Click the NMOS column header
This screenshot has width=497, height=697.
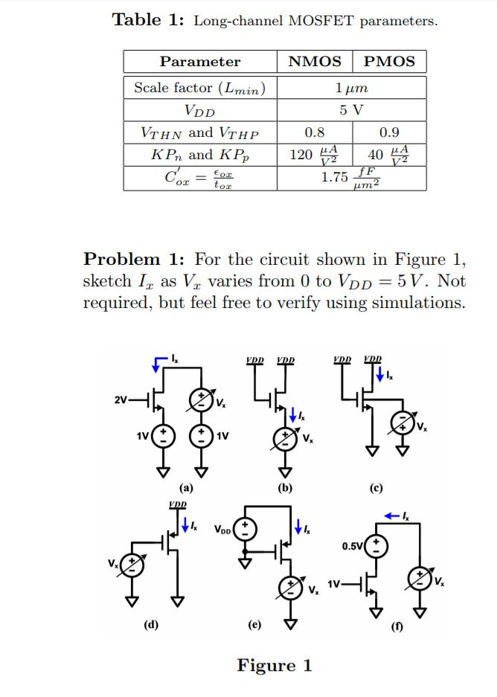315,62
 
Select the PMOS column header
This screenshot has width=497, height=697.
389,62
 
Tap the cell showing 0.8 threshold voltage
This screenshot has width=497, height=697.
315,133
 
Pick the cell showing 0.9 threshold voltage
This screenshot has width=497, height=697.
389,133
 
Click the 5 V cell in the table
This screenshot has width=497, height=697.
351,110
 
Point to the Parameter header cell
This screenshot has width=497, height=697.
200,62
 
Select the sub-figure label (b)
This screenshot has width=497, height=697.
284,489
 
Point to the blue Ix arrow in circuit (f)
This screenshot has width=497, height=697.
396,515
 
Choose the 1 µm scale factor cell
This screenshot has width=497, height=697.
351,87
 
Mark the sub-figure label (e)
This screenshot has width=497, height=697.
254,625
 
